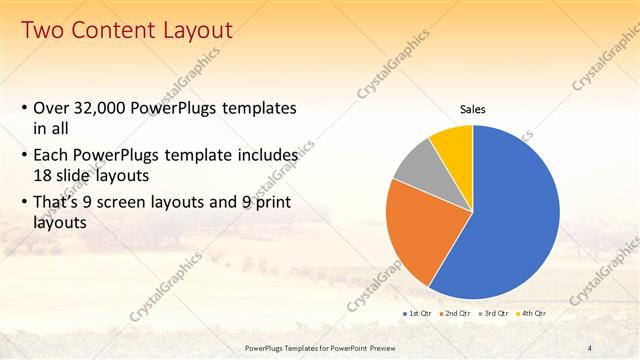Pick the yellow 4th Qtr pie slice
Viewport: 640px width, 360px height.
tap(454, 146)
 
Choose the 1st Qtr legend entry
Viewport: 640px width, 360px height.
tap(418, 313)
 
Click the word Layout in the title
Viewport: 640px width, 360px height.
tap(199, 31)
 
